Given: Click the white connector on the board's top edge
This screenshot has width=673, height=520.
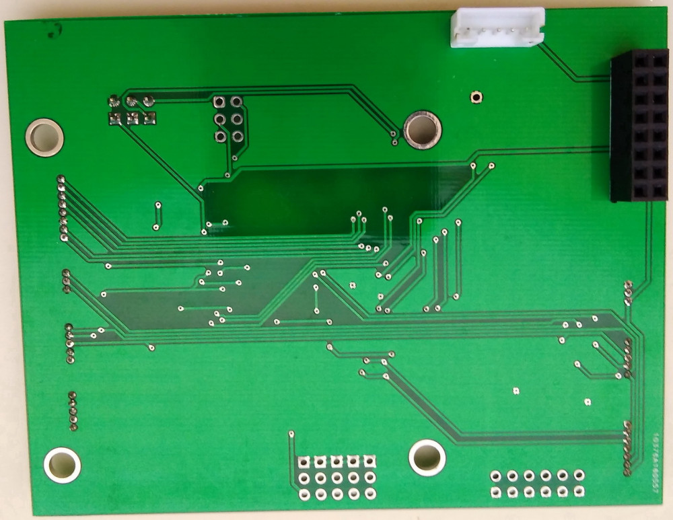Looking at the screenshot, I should coord(497,28).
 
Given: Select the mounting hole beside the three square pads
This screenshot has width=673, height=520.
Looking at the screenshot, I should coord(44,137).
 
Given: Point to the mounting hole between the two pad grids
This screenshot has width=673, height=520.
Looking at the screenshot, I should coord(427,457).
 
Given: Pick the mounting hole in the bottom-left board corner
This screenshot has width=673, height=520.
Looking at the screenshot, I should coord(62,465).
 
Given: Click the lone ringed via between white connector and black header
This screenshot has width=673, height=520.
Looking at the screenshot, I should coord(476,97).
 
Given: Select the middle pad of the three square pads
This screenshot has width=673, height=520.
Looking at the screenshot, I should coord(133,119).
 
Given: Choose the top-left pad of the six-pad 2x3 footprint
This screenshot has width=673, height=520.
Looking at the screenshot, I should coord(219,102).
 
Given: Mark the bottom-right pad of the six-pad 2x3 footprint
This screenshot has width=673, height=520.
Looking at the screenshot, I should coord(237,137).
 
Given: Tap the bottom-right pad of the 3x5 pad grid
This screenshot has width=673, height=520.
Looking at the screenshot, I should coord(369,494).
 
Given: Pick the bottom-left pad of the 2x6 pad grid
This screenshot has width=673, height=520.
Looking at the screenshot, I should coord(496,493).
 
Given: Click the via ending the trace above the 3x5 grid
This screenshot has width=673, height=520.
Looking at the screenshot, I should coord(291,434).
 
